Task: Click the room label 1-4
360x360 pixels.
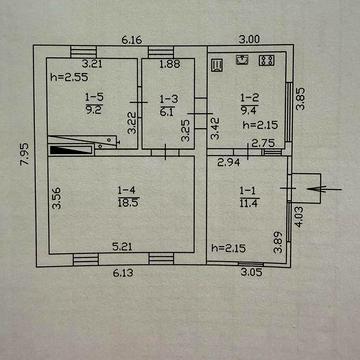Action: click(x=128, y=190)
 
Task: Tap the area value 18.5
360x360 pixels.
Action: click(x=128, y=203)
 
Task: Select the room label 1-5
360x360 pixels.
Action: click(x=95, y=98)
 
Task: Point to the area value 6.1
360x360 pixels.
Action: click(x=167, y=111)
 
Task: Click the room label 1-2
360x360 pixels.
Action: click(x=250, y=98)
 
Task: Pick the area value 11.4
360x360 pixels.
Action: click(x=250, y=203)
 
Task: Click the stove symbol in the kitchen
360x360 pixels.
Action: click(x=267, y=60)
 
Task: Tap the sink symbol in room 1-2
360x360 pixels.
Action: click(x=243, y=60)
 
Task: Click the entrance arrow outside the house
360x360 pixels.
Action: click(x=324, y=189)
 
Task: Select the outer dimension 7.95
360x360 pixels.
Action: click(x=25, y=155)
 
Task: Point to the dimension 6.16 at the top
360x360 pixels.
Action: click(x=132, y=40)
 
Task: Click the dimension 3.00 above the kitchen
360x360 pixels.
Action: click(x=249, y=39)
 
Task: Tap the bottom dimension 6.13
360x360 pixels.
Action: click(x=123, y=273)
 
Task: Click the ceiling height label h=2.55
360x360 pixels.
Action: click(x=69, y=77)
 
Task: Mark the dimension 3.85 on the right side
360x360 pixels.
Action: click(x=301, y=99)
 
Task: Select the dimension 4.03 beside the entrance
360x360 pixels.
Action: click(x=299, y=217)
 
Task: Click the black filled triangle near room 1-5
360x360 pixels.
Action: click(x=71, y=150)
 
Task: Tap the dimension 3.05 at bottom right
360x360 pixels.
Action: click(x=251, y=272)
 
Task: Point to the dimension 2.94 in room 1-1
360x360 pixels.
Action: click(x=229, y=163)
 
